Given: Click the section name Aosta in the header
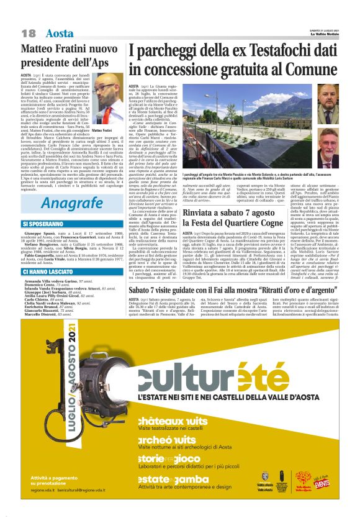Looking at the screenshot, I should click(x=60, y=33).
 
